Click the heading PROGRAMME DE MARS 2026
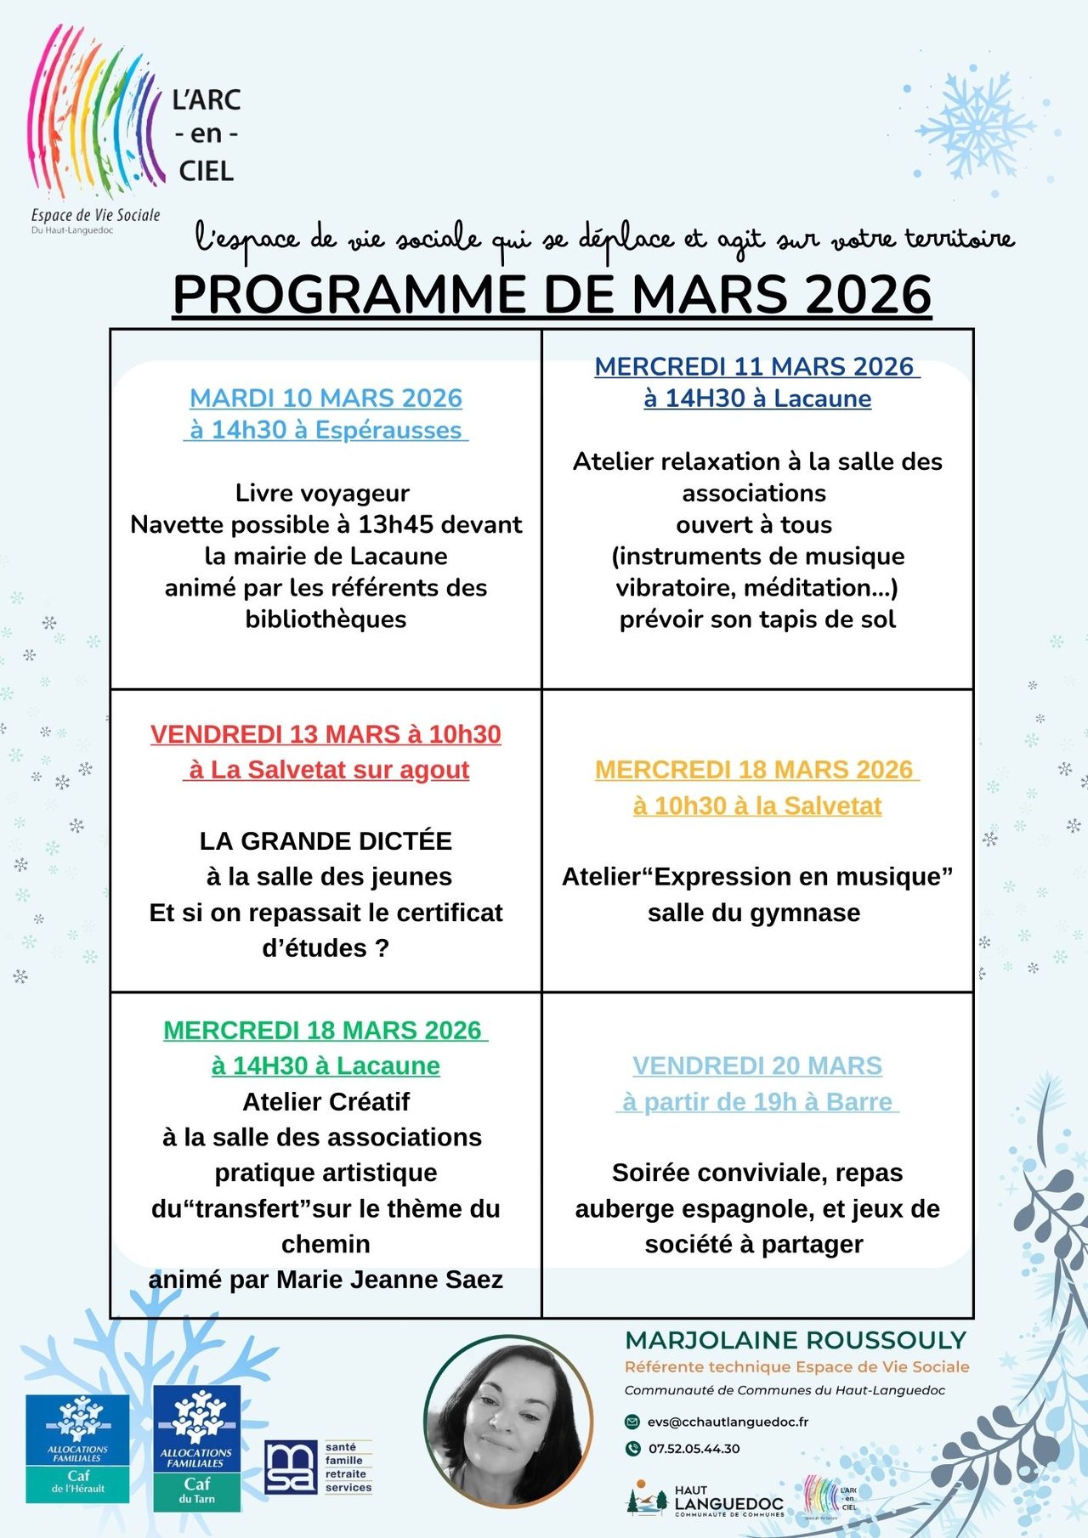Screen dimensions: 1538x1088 [x=552, y=295]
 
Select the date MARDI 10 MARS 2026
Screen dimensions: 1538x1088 [x=326, y=398]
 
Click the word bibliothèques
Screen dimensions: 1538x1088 [x=326, y=619]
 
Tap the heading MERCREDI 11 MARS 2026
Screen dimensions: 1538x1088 [x=754, y=366]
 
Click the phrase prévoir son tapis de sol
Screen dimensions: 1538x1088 [x=756, y=619]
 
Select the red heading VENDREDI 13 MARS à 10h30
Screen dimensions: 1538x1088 [x=326, y=734]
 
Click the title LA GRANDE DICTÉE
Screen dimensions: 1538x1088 [x=326, y=840]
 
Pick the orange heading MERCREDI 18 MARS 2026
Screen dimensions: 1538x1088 [x=754, y=769]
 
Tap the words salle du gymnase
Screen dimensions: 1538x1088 [x=754, y=913]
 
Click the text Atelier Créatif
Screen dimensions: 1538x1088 [x=326, y=1101]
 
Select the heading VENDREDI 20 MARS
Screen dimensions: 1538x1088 [x=756, y=1066]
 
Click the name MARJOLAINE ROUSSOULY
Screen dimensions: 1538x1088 [x=796, y=1340]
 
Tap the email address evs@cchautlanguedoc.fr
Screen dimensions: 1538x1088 [x=727, y=1422]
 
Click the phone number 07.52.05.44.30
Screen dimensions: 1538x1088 [x=694, y=1449]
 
